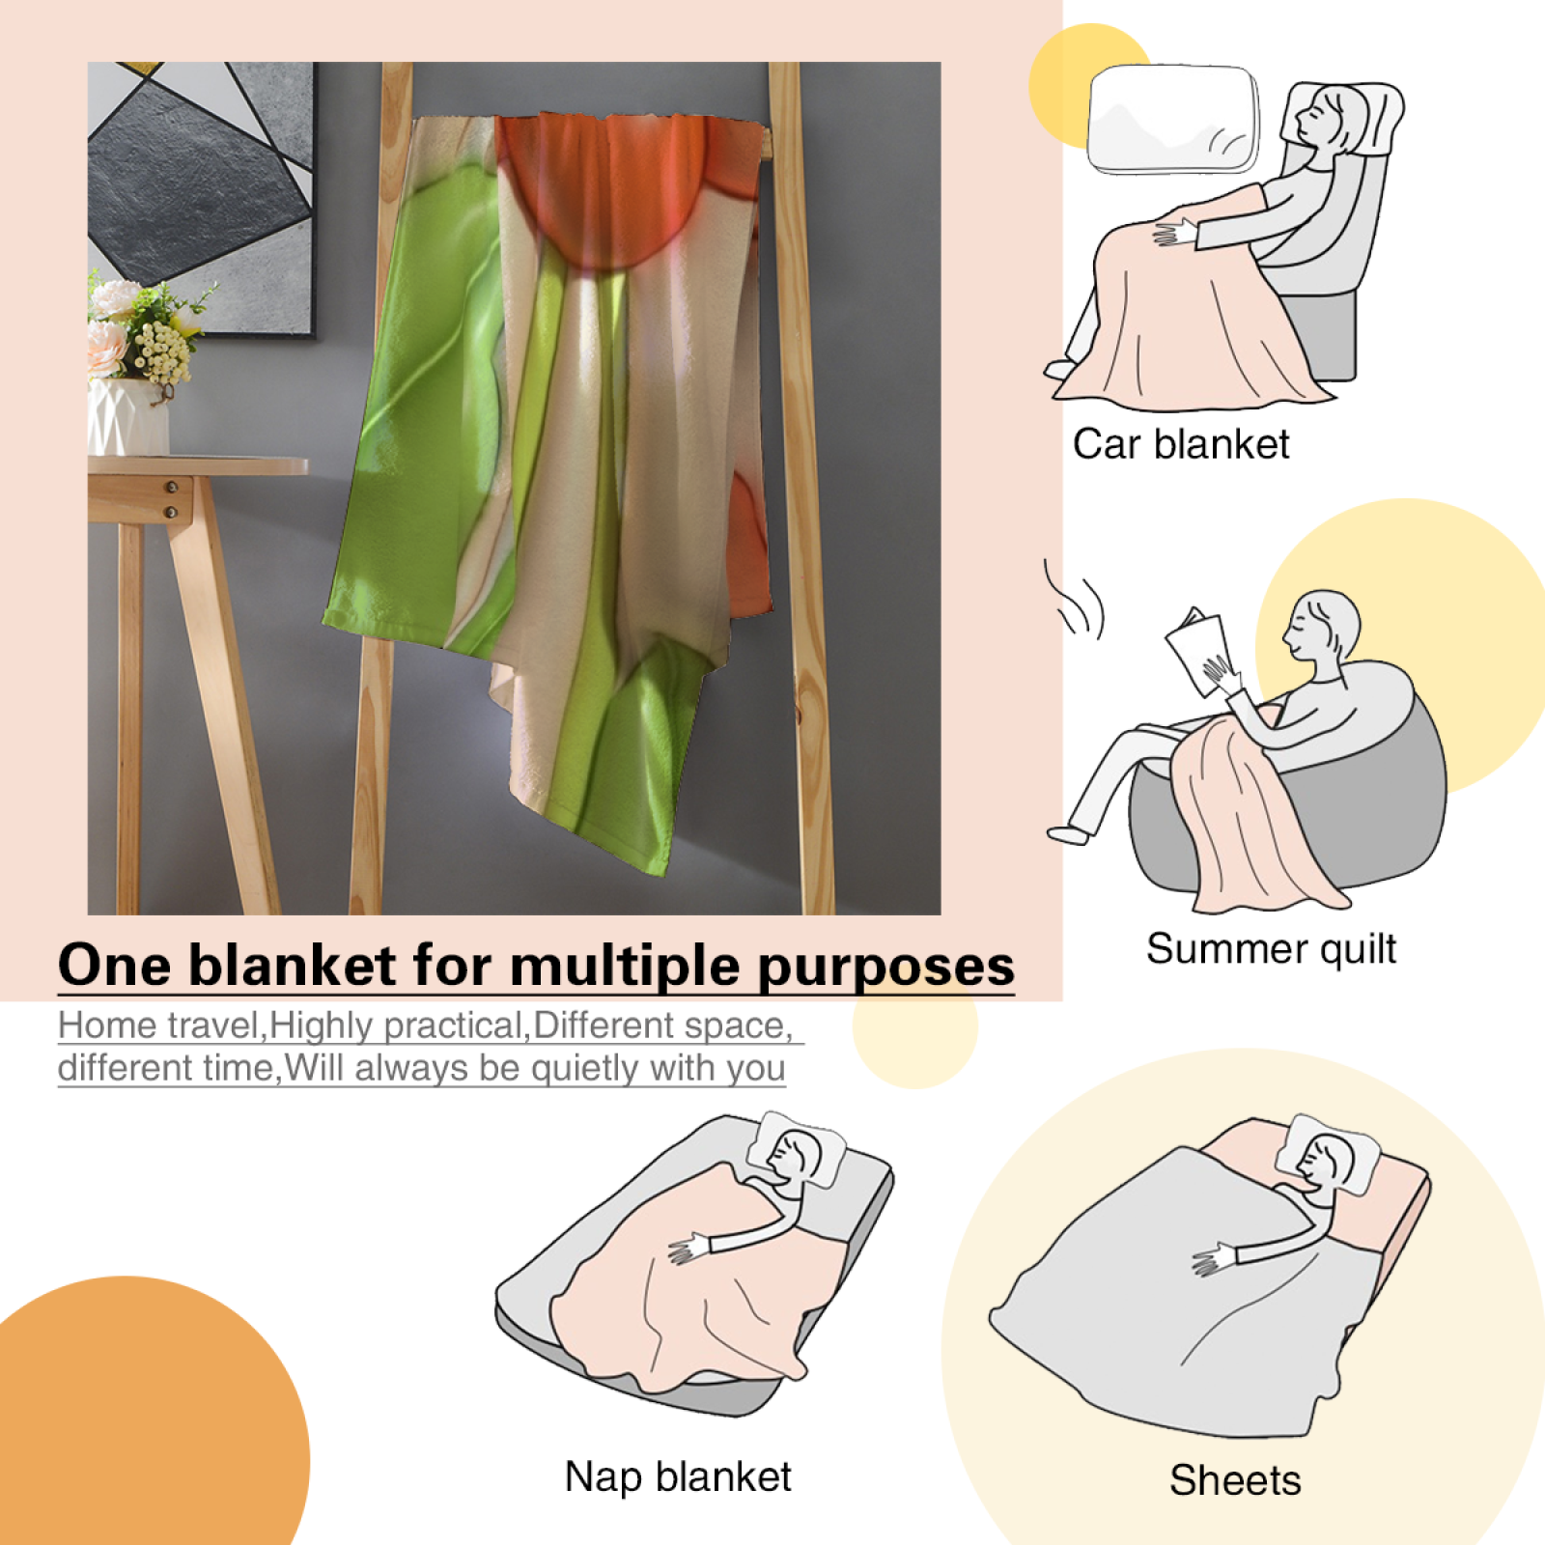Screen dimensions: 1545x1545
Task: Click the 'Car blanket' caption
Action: click(x=1181, y=445)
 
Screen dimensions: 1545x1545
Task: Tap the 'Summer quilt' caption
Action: click(x=1271, y=949)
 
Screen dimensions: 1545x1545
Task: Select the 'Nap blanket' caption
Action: click(x=678, y=1477)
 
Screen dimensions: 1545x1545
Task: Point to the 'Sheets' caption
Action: click(x=1235, y=1480)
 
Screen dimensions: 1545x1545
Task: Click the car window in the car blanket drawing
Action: click(x=1173, y=119)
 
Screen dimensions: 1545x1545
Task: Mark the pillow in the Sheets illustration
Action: click(x=1329, y=1154)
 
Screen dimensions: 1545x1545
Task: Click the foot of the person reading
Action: click(x=1068, y=834)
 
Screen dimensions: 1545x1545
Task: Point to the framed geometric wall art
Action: click(x=201, y=198)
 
